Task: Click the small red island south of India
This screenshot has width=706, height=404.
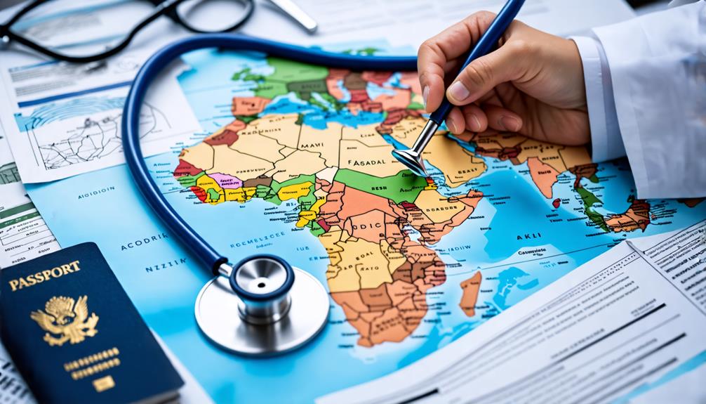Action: click(557, 203)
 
